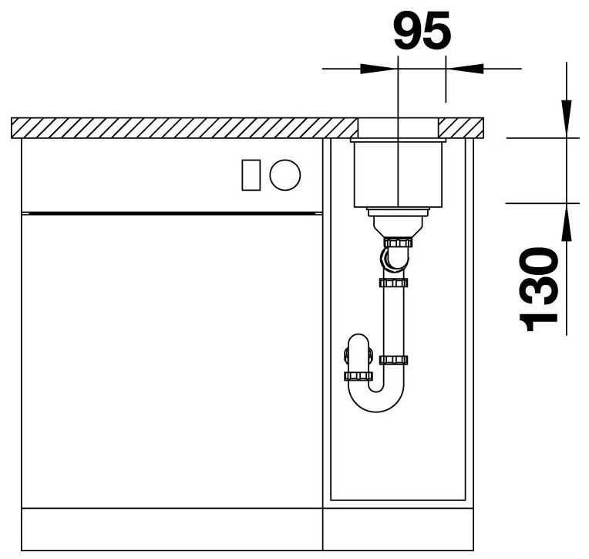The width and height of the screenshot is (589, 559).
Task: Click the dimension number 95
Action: pos(422,29)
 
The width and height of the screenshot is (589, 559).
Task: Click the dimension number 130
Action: pos(539,289)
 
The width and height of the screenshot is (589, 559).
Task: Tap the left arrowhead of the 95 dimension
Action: pos(379,69)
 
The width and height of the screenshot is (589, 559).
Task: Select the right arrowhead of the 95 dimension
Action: pos(464,69)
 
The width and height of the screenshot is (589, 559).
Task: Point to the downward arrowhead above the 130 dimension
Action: pos(567,118)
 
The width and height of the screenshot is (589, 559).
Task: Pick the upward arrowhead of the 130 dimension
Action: pos(567,222)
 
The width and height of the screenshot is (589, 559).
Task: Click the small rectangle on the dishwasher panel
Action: pos(251,175)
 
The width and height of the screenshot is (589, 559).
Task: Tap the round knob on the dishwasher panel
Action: pos(285,175)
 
